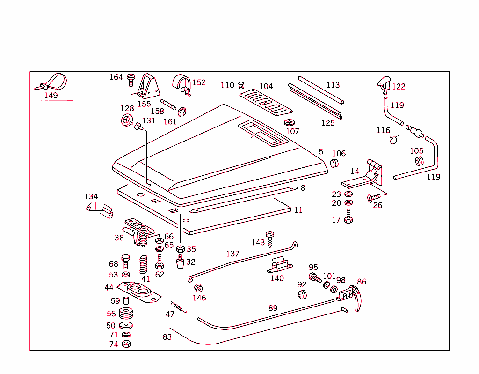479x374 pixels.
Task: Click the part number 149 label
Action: point(51,95)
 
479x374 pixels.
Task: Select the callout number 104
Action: point(266,86)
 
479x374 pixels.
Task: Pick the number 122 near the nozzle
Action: point(399,87)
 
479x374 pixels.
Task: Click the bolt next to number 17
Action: point(348,217)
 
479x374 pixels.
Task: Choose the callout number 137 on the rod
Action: point(232,254)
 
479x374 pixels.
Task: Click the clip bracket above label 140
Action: point(279,265)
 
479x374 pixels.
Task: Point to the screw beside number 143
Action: point(270,238)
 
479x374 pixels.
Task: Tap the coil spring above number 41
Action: point(144,264)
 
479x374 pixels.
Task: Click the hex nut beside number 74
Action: point(126,344)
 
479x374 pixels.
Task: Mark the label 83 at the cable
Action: point(167,337)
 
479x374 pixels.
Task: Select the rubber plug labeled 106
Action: point(334,163)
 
